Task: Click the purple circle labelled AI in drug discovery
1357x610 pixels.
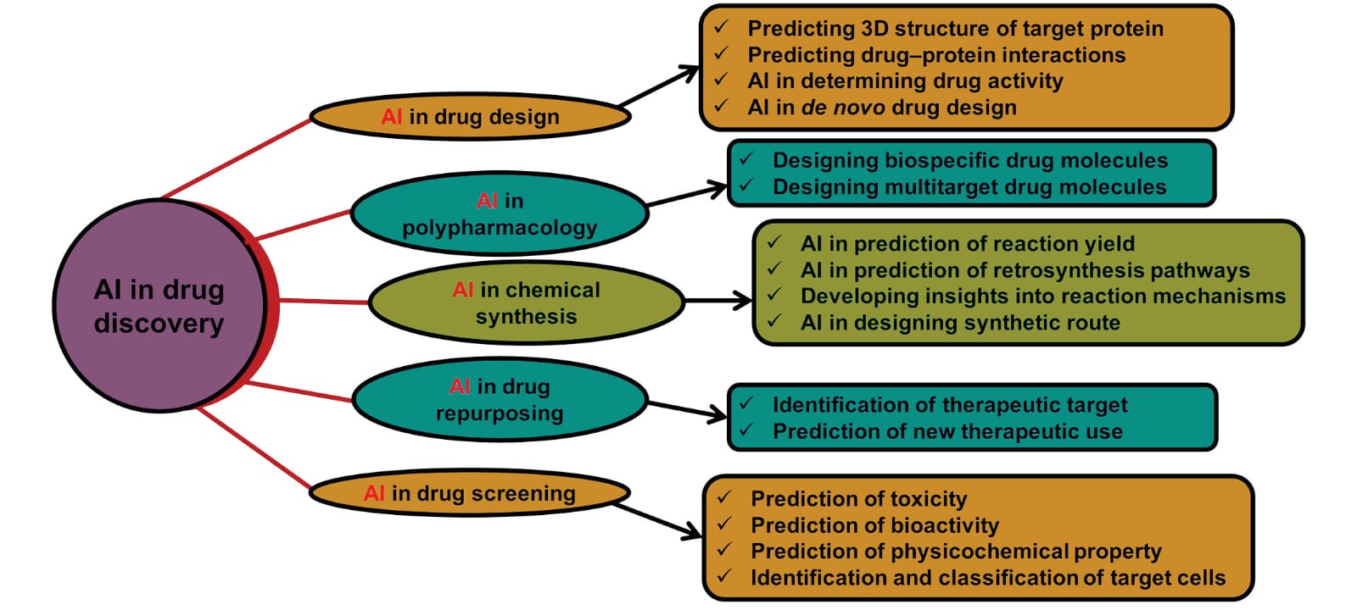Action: [x=159, y=305]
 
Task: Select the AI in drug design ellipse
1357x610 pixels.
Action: [x=470, y=116]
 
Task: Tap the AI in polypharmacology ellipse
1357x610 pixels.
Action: [x=500, y=213]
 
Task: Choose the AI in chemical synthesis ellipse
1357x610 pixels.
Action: [x=526, y=302]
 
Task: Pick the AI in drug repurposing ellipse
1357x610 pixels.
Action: [x=500, y=399]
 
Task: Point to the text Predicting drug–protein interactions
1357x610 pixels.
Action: [x=936, y=55]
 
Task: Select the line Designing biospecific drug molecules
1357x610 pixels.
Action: [x=969, y=160]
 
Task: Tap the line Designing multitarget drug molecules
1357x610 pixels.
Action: [x=969, y=186]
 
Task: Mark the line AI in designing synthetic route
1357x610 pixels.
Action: [x=960, y=323]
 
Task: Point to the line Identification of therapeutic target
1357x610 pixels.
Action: [x=950, y=405]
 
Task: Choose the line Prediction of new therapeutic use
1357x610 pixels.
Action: [x=947, y=431]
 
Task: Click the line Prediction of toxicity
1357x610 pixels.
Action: [x=858, y=499]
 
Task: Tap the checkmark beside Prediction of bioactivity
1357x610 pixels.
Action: [x=725, y=524]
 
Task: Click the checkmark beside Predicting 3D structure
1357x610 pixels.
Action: [x=722, y=27]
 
